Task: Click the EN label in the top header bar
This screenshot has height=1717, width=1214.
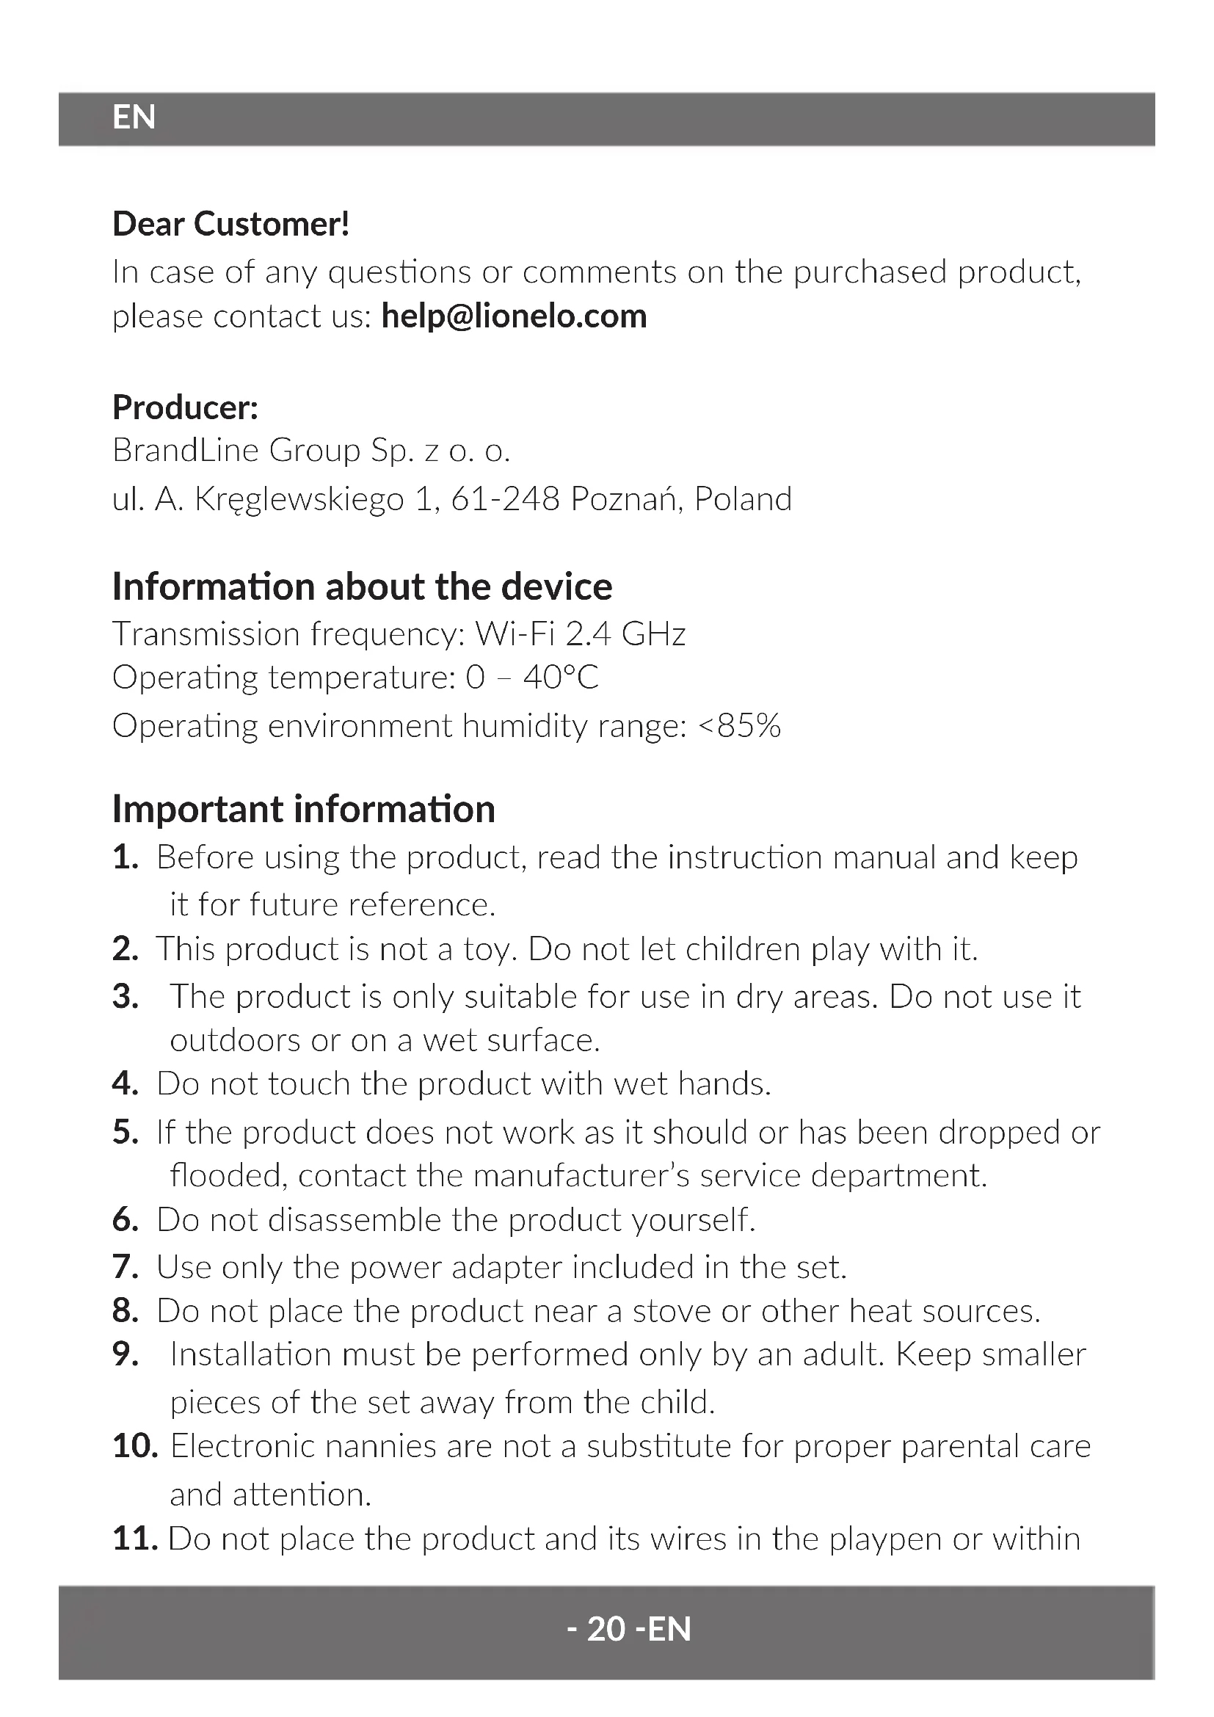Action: (x=134, y=117)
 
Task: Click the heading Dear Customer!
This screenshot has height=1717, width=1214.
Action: (x=231, y=225)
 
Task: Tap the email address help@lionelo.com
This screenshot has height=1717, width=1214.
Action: (x=514, y=316)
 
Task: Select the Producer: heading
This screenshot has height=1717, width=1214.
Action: (x=186, y=407)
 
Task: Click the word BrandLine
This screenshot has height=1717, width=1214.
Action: (x=185, y=451)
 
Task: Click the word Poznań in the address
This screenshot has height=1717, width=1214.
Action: (x=625, y=498)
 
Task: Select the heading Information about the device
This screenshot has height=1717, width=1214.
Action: (x=362, y=587)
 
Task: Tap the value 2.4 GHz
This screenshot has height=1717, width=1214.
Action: (x=625, y=635)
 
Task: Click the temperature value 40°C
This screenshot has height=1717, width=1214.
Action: (x=561, y=678)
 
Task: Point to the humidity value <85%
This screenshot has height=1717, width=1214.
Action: (x=738, y=726)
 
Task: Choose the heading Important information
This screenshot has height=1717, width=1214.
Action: (x=304, y=809)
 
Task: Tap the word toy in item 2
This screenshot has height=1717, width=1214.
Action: (x=490, y=950)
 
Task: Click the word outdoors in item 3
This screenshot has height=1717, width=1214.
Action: (x=235, y=1041)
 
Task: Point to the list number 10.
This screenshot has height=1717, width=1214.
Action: (x=134, y=1446)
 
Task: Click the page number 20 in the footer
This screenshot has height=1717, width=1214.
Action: (x=606, y=1629)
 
